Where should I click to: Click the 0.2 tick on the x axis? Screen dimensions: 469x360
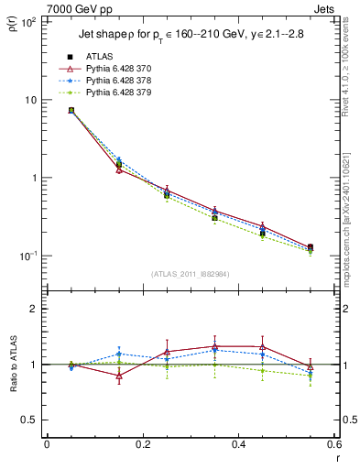point(142,444)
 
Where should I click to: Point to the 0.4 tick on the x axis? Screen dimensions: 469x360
point(238,444)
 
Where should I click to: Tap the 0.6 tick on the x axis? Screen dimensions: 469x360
point(333,444)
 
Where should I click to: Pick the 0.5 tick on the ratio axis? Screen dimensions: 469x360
point(29,420)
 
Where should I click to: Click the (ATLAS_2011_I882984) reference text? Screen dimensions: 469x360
point(190,275)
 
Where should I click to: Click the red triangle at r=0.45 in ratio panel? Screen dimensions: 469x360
point(263,347)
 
